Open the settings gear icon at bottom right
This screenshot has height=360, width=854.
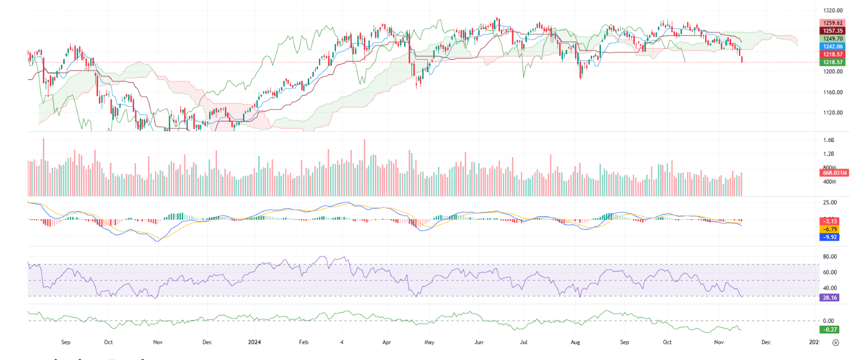pyautogui.click(x=836, y=342)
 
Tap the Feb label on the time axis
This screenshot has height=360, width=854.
pyautogui.click(x=304, y=342)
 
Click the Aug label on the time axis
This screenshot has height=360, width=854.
pyautogui.click(x=575, y=342)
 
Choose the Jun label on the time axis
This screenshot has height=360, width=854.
pyautogui.click(x=479, y=342)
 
